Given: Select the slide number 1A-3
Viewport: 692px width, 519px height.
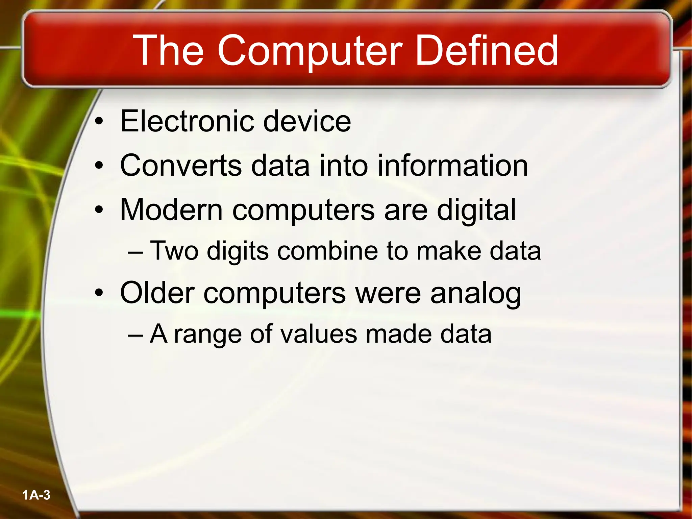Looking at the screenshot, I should pos(36,495).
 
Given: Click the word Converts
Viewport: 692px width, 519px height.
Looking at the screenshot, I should pos(181,166).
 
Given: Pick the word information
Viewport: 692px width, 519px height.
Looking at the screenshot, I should pos(452,166).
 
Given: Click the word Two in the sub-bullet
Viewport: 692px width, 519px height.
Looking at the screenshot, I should pos(174,251).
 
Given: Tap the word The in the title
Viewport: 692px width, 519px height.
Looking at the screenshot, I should pos(168,51).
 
